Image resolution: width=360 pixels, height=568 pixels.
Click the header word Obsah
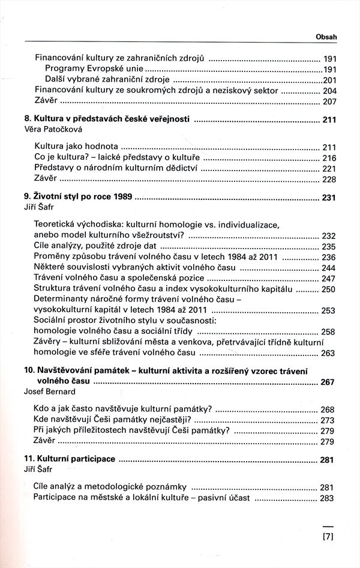(326, 37)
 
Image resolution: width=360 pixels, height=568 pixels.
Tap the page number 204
(328, 91)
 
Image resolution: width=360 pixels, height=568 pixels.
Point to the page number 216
(328, 157)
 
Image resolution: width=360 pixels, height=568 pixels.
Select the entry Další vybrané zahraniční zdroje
(107, 80)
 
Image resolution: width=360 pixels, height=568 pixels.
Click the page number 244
(328, 268)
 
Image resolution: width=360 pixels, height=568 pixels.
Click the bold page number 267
(328, 382)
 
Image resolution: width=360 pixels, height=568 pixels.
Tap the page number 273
(328, 420)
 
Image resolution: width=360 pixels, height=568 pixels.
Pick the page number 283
(328, 498)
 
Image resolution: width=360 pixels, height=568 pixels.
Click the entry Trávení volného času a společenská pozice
(119, 279)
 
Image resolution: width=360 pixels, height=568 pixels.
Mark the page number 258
(328, 332)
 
